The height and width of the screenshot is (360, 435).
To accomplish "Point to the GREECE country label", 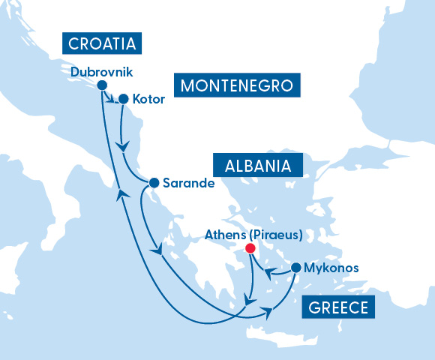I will [x=337, y=308].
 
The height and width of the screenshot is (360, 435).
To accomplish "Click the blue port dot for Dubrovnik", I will [x=102, y=85].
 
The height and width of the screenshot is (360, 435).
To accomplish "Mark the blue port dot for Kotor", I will [x=123, y=98].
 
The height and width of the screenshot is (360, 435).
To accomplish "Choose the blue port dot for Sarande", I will [x=154, y=182].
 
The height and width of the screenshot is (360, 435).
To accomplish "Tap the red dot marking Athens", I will [x=250, y=248].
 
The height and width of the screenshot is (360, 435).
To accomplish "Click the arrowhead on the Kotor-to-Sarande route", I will [x=123, y=143].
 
